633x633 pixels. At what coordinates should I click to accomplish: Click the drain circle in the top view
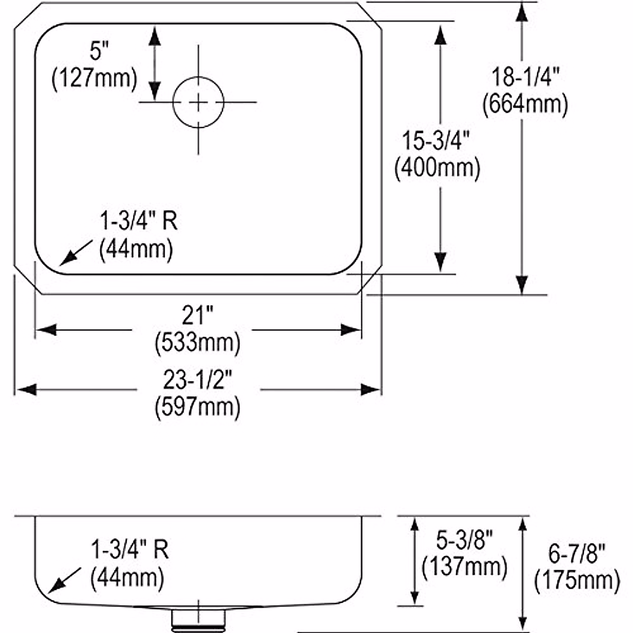(x=198, y=102)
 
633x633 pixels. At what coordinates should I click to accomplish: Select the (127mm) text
(x=94, y=79)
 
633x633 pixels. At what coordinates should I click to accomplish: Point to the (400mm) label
(x=437, y=168)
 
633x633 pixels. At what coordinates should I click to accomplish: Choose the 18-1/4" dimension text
(x=525, y=77)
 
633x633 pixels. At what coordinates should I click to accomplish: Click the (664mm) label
(x=525, y=104)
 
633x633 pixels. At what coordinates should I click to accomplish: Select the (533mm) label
(x=197, y=343)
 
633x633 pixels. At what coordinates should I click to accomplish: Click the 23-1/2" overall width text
(x=197, y=379)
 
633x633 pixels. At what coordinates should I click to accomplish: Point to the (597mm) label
(x=197, y=407)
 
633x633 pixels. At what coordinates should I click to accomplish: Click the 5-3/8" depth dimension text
(x=465, y=540)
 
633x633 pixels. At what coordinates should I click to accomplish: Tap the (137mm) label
(x=465, y=567)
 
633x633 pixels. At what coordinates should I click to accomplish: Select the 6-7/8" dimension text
(x=577, y=554)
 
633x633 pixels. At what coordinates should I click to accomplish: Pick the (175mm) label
(x=577, y=581)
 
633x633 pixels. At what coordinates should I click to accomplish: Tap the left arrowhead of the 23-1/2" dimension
(x=25, y=390)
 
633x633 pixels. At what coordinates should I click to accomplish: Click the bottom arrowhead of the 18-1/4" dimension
(x=522, y=285)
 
